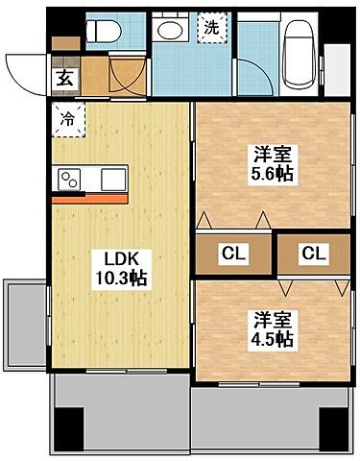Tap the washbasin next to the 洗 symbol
[174, 32]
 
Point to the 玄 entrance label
[63, 79]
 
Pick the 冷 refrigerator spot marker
[68, 121]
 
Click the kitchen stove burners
[72, 179]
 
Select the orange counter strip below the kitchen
[89, 201]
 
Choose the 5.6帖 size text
[273, 176]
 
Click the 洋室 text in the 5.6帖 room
[273, 154]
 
